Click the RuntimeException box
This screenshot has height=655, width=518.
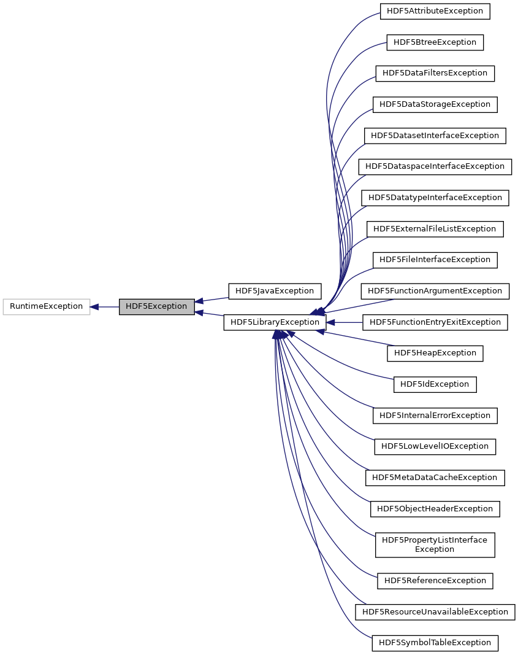(47, 306)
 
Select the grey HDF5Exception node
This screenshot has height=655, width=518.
(156, 306)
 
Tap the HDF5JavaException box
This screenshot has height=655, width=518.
(271, 291)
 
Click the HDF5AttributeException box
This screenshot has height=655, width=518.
(435, 11)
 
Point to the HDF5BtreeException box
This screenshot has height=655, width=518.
(435, 42)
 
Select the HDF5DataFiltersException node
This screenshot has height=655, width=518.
(435, 73)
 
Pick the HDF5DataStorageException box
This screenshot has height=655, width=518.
(435, 104)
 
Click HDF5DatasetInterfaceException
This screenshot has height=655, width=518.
(435, 136)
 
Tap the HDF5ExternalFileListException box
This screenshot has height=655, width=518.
(435, 229)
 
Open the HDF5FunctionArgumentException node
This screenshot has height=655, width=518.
(435, 291)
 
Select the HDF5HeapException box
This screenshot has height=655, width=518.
(435, 353)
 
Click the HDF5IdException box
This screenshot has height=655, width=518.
(435, 384)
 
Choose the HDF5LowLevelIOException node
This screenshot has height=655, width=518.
(435, 446)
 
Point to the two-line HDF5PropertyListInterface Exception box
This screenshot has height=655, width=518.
(435, 545)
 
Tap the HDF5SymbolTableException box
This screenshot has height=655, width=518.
(435, 643)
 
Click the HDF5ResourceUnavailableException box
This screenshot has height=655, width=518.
(435, 612)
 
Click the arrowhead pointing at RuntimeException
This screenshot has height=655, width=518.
(95, 306)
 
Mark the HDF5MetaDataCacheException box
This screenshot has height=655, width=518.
(435, 478)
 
